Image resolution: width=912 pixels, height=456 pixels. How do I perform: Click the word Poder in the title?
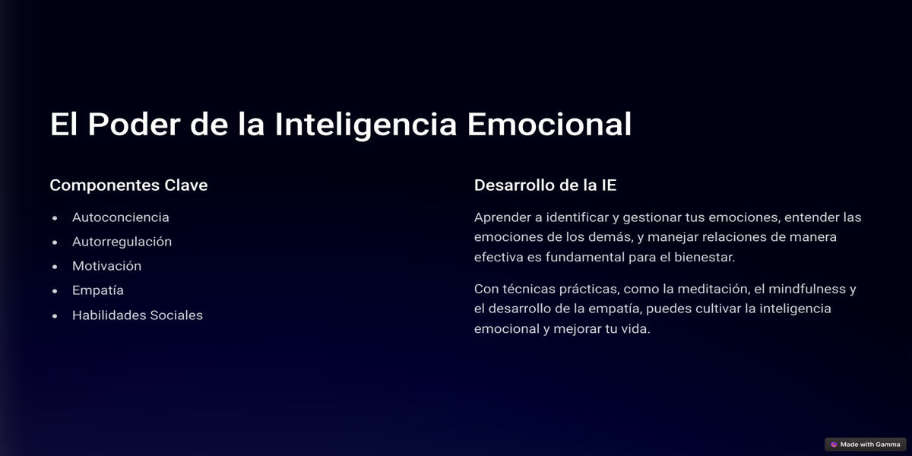(x=134, y=124)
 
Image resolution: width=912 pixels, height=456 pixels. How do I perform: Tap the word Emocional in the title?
(x=549, y=124)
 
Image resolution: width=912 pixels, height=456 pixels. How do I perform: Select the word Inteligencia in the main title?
(x=366, y=125)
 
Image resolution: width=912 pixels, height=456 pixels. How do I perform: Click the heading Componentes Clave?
(x=128, y=185)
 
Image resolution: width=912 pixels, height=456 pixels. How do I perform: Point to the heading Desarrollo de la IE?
(x=545, y=185)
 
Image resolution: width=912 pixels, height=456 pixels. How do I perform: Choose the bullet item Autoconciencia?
(x=121, y=217)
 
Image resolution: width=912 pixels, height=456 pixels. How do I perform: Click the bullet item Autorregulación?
(x=122, y=242)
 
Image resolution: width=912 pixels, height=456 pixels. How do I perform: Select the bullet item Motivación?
(x=106, y=266)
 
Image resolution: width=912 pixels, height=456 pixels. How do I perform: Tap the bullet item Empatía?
(x=98, y=290)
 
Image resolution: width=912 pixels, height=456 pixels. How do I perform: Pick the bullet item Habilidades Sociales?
(x=138, y=315)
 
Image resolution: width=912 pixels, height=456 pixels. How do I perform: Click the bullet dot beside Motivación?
(x=55, y=267)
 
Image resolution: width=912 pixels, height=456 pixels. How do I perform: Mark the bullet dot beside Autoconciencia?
(x=55, y=218)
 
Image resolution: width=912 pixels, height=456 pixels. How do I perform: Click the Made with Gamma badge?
(x=866, y=444)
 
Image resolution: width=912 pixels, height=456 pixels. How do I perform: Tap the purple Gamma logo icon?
(x=834, y=444)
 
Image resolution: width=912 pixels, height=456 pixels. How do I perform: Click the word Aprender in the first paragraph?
(x=502, y=217)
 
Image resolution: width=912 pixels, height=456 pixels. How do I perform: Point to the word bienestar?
(x=705, y=258)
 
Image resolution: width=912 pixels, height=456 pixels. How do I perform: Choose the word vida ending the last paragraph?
(x=635, y=329)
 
